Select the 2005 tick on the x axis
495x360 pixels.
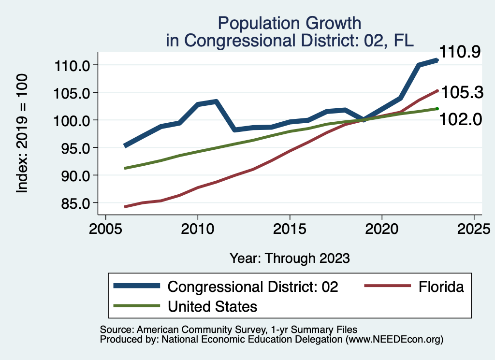click(105, 228)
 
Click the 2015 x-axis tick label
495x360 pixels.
click(290, 228)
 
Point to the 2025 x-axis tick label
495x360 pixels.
click(474, 228)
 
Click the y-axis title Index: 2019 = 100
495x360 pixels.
click(22, 134)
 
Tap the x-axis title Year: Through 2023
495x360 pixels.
click(289, 258)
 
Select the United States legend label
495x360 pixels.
click(212, 306)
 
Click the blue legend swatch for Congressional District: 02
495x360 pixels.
click(136, 286)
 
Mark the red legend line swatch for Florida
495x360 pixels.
click(384, 286)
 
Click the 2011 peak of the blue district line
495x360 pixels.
click(216, 101)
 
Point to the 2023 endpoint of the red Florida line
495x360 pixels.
click(437, 90)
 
